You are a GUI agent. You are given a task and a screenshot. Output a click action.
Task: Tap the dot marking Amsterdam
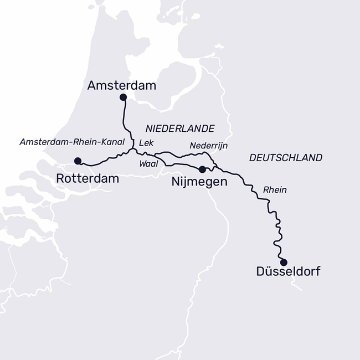(123, 97)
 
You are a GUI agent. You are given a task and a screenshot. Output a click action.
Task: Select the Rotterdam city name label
(88, 178)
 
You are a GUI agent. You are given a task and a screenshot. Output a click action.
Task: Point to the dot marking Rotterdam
(78, 161)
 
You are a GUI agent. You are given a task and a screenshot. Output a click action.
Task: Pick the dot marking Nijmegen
(202, 169)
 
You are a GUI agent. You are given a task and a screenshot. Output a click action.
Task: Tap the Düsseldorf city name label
(288, 271)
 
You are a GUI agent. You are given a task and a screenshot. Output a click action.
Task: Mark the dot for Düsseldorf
(284, 262)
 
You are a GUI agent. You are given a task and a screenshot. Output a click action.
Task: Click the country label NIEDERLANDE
(181, 128)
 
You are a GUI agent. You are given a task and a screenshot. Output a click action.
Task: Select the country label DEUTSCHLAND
(286, 158)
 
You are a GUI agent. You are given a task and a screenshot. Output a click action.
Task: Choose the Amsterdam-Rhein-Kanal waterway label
(72, 142)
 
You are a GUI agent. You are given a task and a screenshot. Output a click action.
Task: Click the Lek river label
(146, 142)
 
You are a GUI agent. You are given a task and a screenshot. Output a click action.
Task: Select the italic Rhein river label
(275, 189)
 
